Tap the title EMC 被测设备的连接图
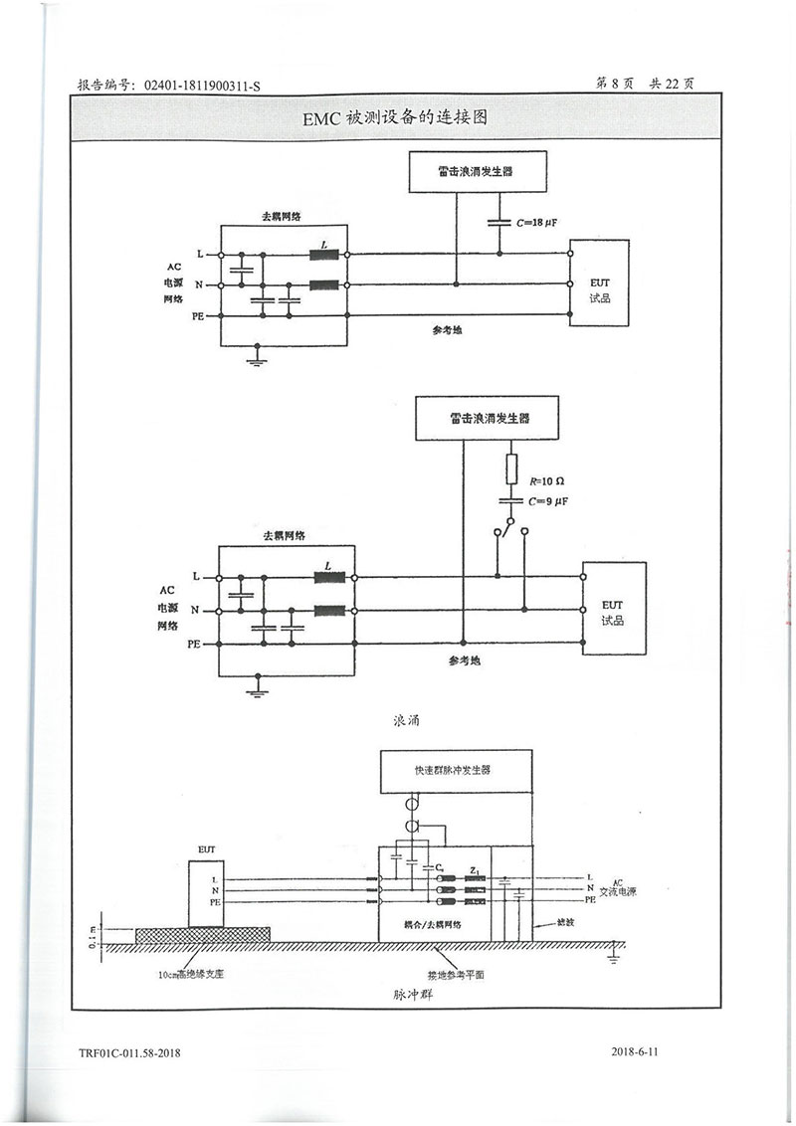click(397, 118)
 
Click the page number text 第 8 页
click(614, 86)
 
